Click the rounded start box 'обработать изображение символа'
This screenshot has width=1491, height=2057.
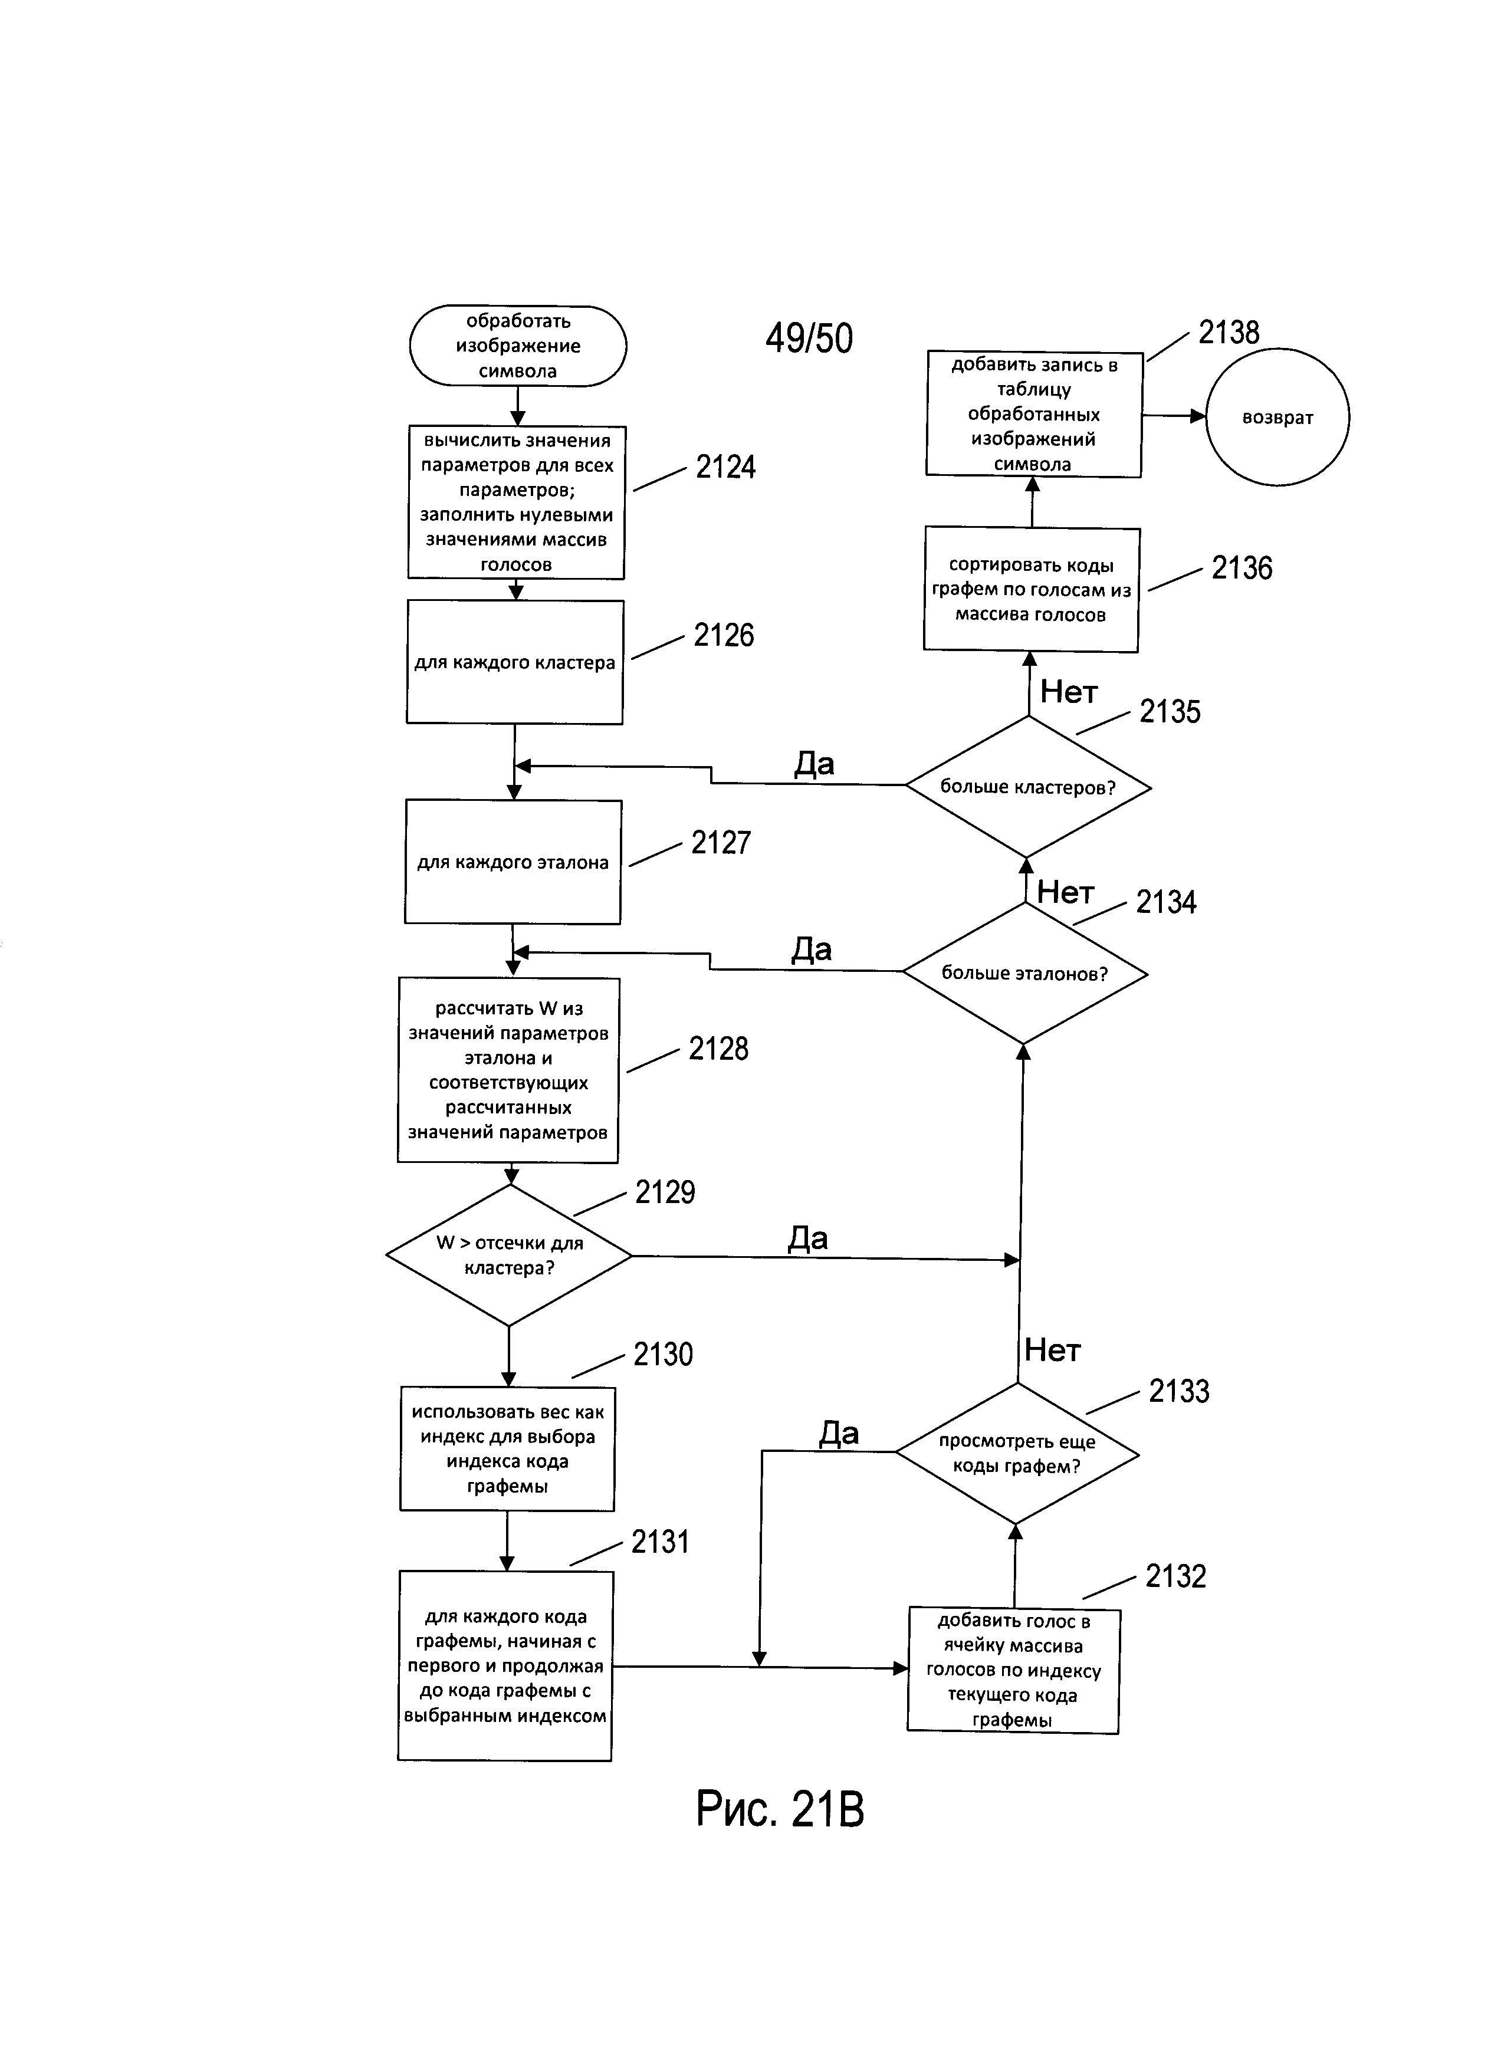(x=518, y=346)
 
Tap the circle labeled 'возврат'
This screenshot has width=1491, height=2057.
(x=1277, y=417)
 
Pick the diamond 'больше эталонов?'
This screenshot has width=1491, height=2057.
(x=1025, y=973)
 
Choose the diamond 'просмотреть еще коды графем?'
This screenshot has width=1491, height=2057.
(x=1017, y=1453)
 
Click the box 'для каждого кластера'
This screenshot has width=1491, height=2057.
(x=515, y=662)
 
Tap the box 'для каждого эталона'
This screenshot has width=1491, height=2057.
(x=513, y=862)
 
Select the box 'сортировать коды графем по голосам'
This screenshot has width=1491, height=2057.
(x=1031, y=590)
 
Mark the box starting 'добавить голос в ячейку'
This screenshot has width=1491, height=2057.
(x=1013, y=1671)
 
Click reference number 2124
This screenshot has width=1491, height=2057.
(x=725, y=467)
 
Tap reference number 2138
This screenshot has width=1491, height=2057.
(x=1229, y=333)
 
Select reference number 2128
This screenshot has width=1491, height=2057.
(x=718, y=1049)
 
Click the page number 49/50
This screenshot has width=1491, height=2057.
(x=809, y=339)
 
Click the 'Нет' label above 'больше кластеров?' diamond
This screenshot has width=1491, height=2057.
(x=1069, y=692)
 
